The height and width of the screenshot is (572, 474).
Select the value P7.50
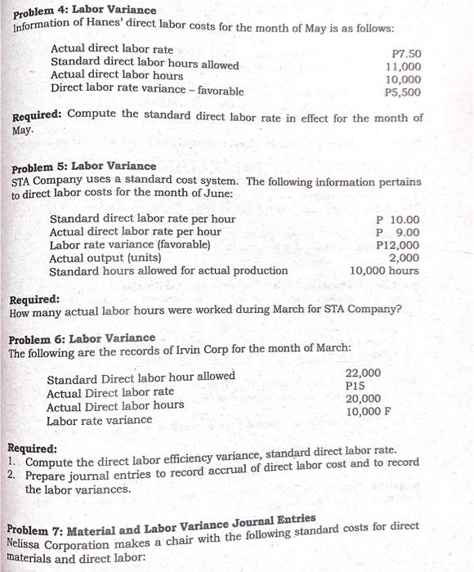(407, 53)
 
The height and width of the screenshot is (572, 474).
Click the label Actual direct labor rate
(112, 50)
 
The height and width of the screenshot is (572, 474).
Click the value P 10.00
(398, 220)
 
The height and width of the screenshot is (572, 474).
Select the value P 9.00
(398, 233)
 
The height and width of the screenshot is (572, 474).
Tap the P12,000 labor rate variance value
(398, 245)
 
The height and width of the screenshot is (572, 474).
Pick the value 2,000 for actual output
(404, 257)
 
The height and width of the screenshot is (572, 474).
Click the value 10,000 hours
(384, 270)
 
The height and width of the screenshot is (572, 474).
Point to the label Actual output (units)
(114, 258)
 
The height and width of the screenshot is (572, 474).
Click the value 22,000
(363, 373)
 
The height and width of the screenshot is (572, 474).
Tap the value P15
(355, 386)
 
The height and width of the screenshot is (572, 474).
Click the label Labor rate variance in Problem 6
(99, 420)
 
